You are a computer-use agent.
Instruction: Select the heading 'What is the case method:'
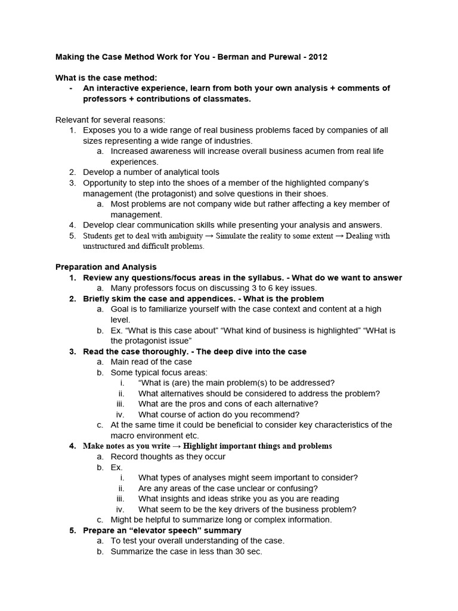106,78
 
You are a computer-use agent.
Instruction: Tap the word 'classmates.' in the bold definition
226,98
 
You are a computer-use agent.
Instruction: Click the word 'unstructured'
107,246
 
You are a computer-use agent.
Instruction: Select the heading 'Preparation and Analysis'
106,267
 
